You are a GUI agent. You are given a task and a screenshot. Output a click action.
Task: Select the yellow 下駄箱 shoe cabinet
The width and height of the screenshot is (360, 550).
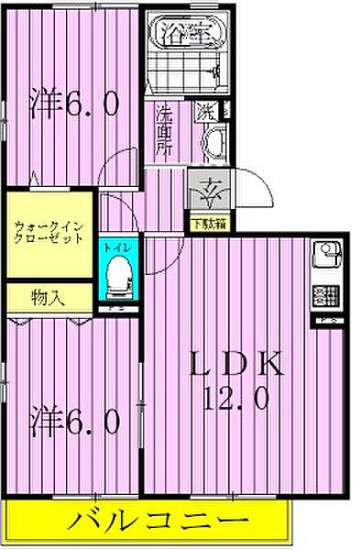click(x=209, y=222)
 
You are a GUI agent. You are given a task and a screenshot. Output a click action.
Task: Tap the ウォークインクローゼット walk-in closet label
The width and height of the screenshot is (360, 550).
click(x=49, y=231)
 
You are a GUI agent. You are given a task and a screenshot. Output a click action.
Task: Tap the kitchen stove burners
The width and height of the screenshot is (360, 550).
click(x=324, y=294)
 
